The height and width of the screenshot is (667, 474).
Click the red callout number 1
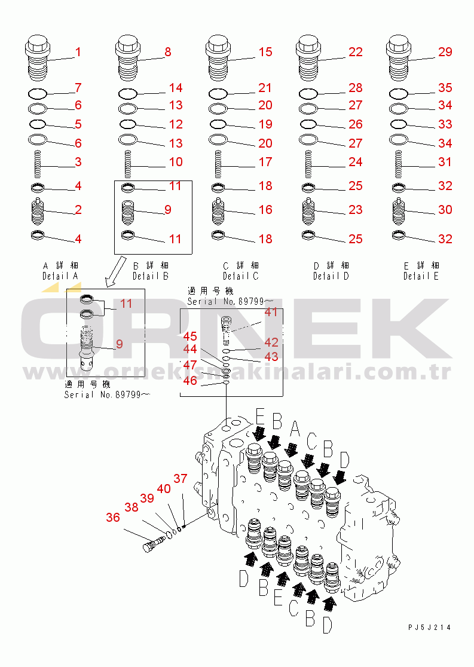[x=78, y=52]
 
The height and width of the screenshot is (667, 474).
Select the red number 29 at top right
[x=445, y=52]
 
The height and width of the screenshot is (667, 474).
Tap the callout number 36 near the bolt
[x=113, y=517]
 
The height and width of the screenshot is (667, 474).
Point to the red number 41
[x=271, y=312]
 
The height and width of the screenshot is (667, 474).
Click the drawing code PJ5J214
[x=429, y=628]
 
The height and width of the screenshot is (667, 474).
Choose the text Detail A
[x=60, y=276]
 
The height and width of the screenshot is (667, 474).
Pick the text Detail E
[x=421, y=276]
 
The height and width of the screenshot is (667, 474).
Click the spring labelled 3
[x=38, y=164]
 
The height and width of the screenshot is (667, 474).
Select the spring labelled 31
[x=399, y=164]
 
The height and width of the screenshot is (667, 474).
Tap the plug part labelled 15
[x=218, y=58]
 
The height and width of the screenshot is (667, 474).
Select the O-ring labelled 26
[x=308, y=124]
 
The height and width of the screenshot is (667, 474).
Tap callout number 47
[x=189, y=365]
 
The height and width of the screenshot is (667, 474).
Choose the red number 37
[x=181, y=479]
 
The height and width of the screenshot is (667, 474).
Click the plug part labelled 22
[x=308, y=58]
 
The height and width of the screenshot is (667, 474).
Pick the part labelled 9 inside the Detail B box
[x=128, y=212]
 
